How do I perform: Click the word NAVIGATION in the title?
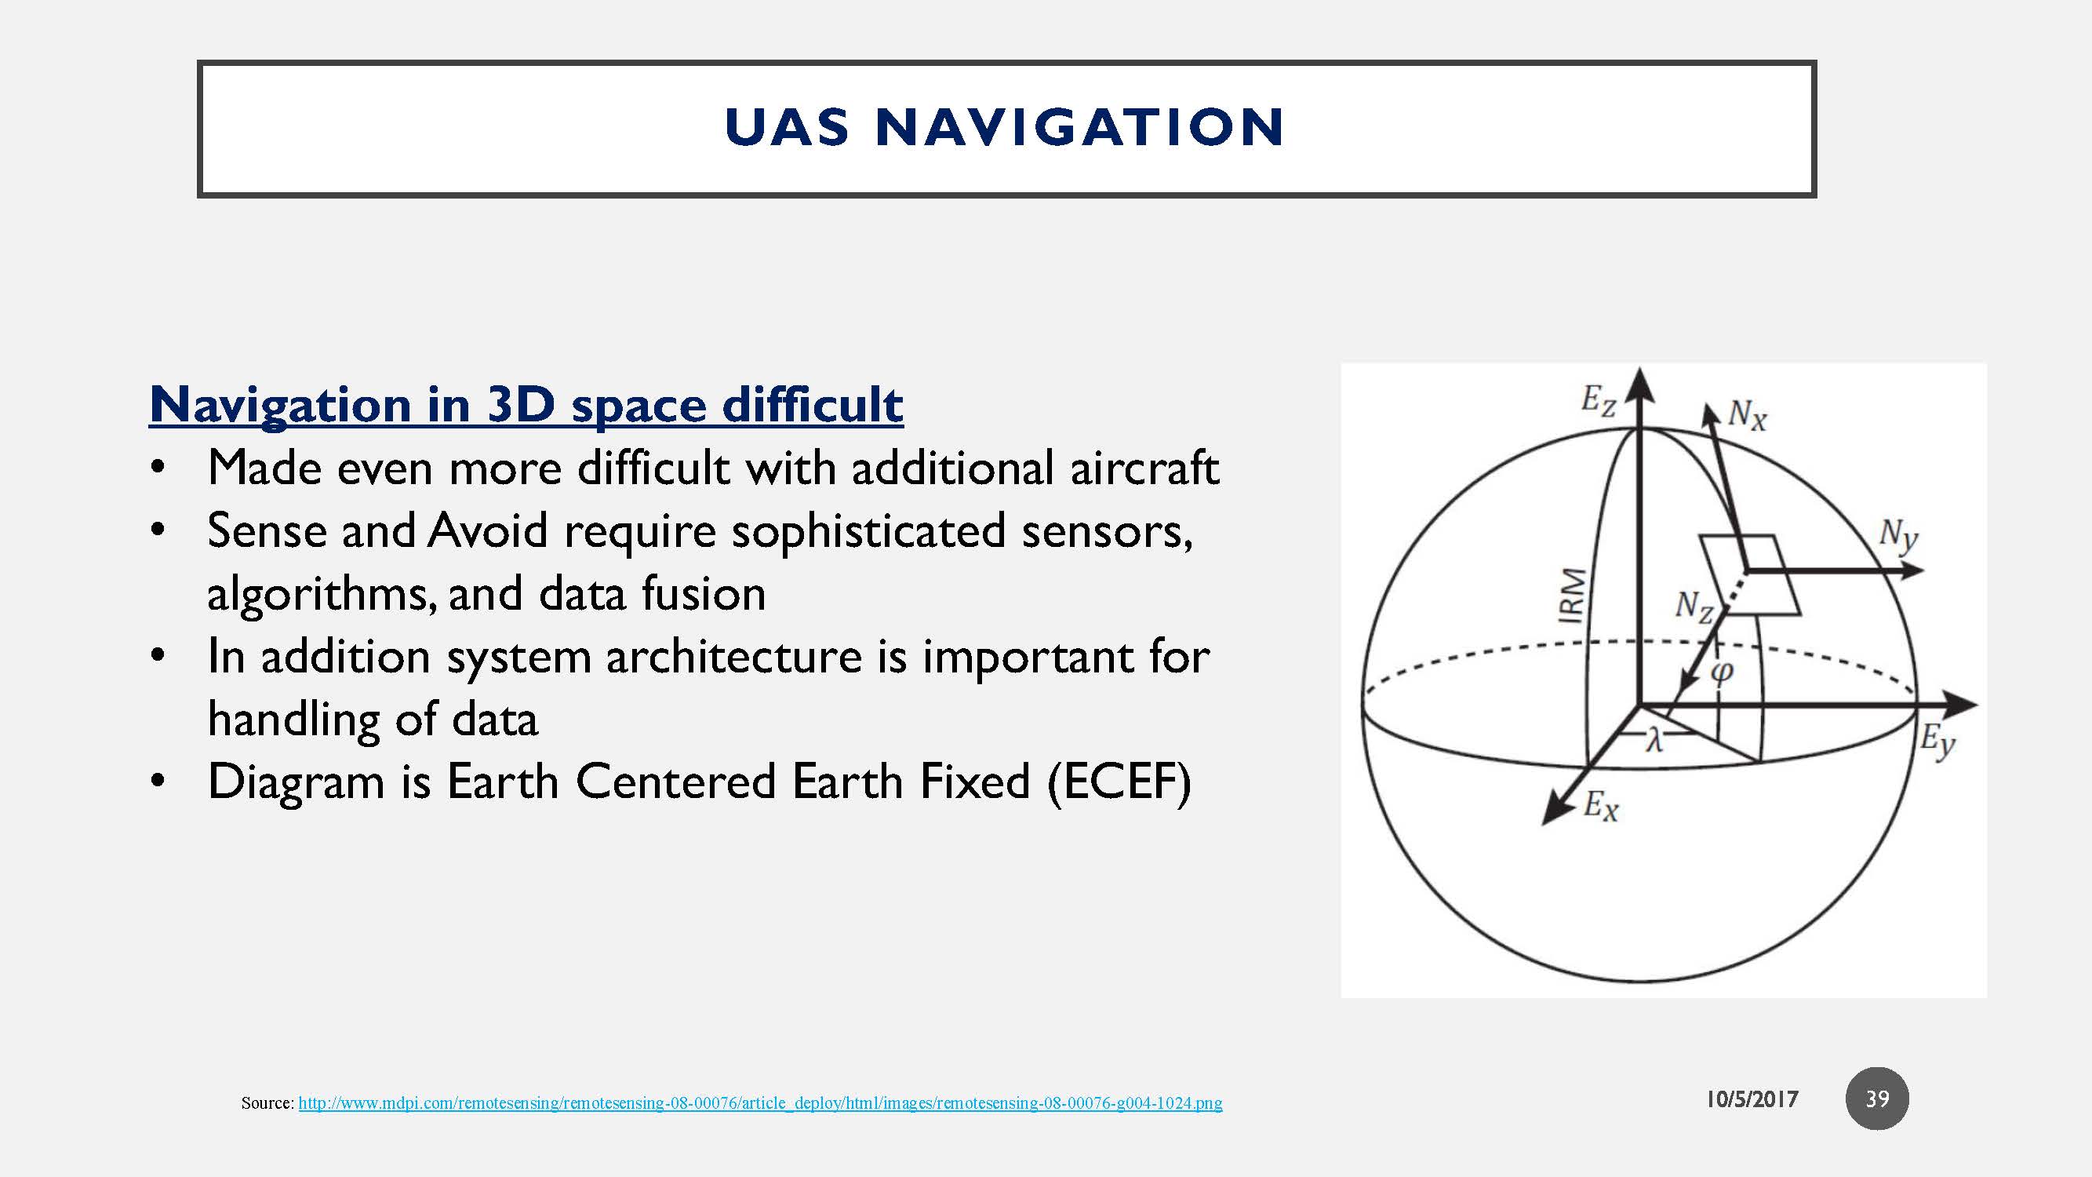pos(1079,128)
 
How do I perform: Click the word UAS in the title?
pos(786,128)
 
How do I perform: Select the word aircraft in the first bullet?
pos(1144,468)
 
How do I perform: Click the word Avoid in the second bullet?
pos(488,530)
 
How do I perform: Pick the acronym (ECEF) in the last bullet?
pos(1120,782)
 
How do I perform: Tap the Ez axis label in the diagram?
pos(1597,401)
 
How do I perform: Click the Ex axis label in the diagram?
pos(1601,807)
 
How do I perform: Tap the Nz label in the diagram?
pos(1694,606)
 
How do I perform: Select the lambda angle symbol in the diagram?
pos(1654,740)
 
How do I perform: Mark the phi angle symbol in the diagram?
pos(1721,671)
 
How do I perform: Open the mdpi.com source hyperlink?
pos(760,1103)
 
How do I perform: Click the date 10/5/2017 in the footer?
pos(1752,1100)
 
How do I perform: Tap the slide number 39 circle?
pos(1877,1099)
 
